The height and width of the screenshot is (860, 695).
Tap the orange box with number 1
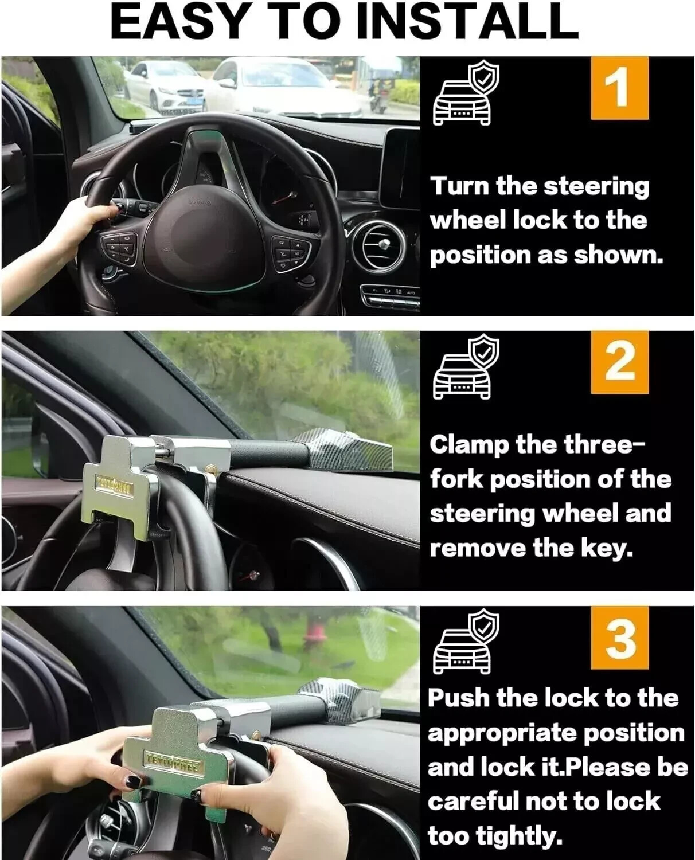[x=619, y=88]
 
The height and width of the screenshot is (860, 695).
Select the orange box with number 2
[x=619, y=362]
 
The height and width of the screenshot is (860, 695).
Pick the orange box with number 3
[x=619, y=638]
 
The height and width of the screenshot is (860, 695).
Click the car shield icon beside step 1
[x=464, y=95]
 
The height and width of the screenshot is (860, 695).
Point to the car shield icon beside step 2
[x=464, y=369]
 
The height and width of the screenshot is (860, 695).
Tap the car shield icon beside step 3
[x=464, y=644]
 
